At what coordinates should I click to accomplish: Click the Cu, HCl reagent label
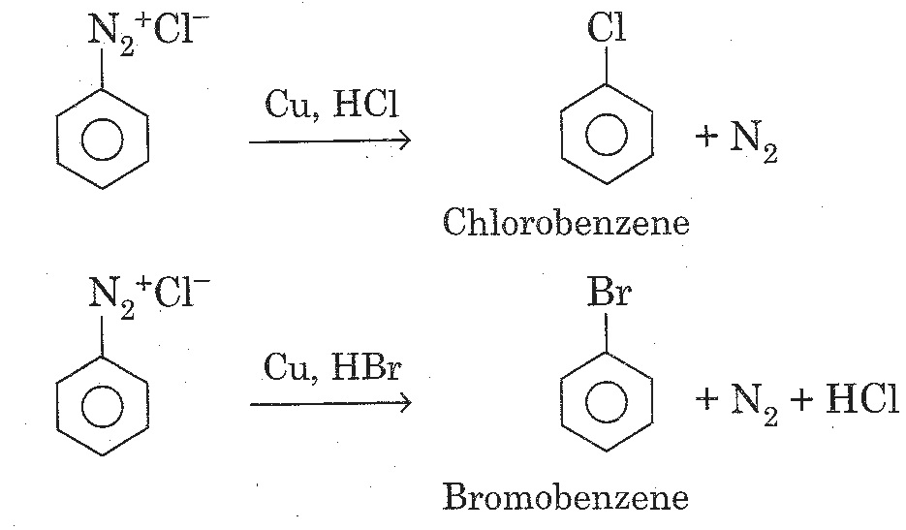pyautogui.click(x=331, y=107)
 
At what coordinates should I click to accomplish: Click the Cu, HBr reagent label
pyautogui.click(x=331, y=368)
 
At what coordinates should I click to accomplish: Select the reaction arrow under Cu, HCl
pyautogui.click(x=330, y=141)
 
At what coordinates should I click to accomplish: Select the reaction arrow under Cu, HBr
pyautogui.click(x=330, y=403)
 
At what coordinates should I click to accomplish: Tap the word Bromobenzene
pyautogui.click(x=566, y=498)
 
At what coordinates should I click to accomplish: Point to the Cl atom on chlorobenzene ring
pyautogui.click(x=607, y=30)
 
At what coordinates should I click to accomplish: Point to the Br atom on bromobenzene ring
pyautogui.click(x=609, y=295)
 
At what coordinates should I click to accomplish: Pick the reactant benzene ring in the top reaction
pyautogui.click(x=102, y=141)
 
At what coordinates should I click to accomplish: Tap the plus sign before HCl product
pyautogui.click(x=801, y=400)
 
